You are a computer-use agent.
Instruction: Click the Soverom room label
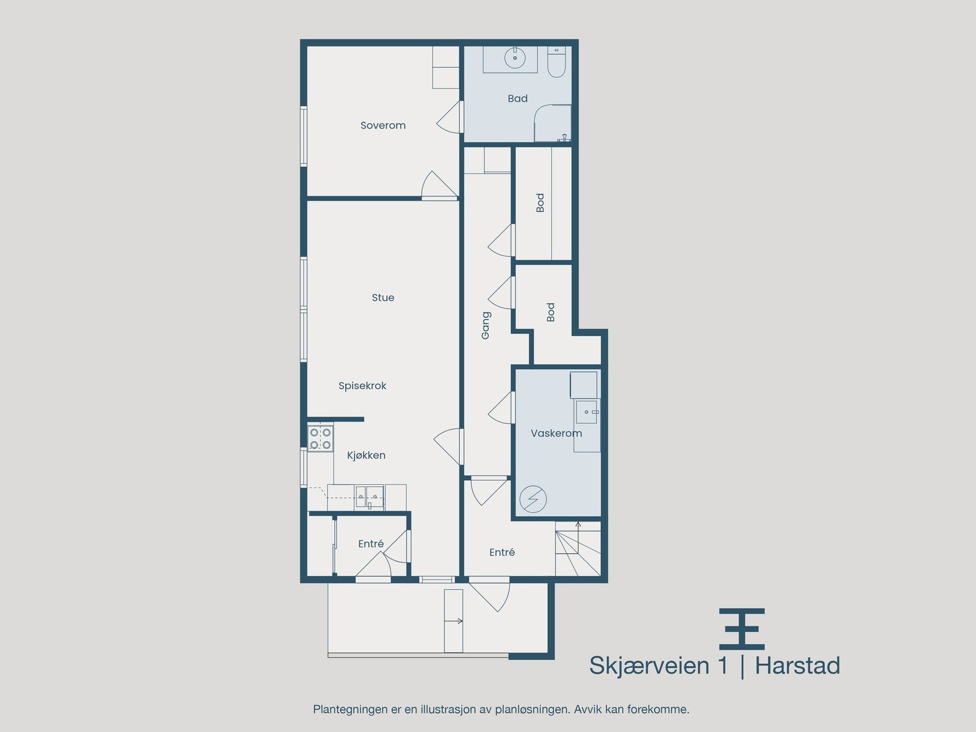[x=383, y=125]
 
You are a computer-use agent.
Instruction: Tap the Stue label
[x=383, y=297]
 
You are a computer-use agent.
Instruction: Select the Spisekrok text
[x=362, y=386]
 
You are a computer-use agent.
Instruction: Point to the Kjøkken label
[x=366, y=455]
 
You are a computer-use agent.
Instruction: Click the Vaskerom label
[x=556, y=433]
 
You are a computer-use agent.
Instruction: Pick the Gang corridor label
[x=486, y=325]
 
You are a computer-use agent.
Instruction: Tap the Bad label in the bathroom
[x=517, y=98]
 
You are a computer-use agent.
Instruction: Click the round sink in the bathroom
[x=515, y=58]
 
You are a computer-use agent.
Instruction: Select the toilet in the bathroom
[x=556, y=62]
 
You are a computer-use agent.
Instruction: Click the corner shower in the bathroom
[x=553, y=123]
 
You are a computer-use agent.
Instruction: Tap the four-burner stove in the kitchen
[x=320, y=439]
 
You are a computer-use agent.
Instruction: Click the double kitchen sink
[x=370, y=497]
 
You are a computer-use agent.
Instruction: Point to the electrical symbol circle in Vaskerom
[x=533, y=499]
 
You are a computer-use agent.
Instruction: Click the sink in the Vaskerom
[x=586, y=412]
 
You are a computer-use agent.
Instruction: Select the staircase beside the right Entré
[x=578, y=548]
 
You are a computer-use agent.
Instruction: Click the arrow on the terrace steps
[x=454, y=622]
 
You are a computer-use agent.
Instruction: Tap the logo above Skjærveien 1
[x=742, y=629]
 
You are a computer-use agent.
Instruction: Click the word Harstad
[x=798, y=666]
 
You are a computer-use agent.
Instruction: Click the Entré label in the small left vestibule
[x=371, y=544]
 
